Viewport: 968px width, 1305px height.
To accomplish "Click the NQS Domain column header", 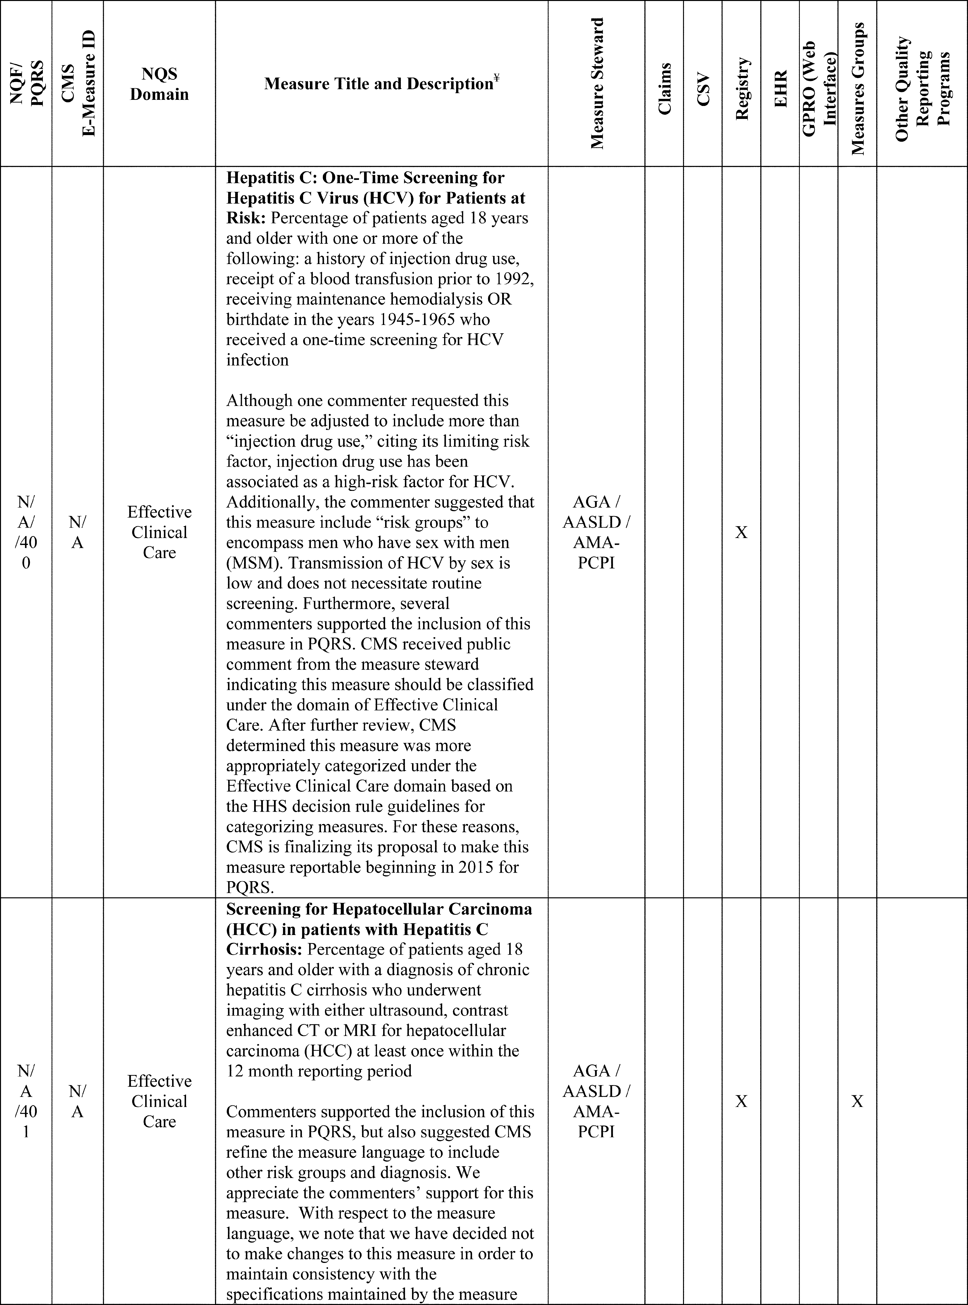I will [159, 84].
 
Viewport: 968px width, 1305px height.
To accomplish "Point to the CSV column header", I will [703, 89].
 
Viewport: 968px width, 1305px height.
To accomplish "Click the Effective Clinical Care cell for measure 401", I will [159, 1101].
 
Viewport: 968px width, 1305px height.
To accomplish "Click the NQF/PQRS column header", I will [26, 84].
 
